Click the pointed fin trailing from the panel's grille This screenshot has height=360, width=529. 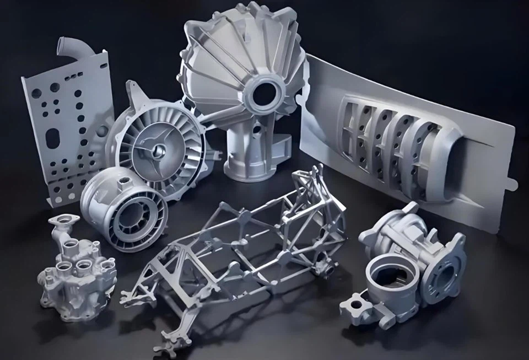(468, 182)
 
